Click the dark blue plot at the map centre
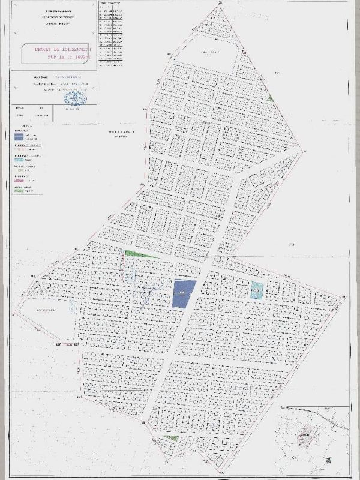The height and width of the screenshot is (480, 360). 184,293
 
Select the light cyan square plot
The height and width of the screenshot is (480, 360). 257,290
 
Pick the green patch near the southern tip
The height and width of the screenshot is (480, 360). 172,438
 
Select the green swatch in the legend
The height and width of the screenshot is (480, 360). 20,191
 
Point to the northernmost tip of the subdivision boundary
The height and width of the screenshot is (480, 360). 221,4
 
